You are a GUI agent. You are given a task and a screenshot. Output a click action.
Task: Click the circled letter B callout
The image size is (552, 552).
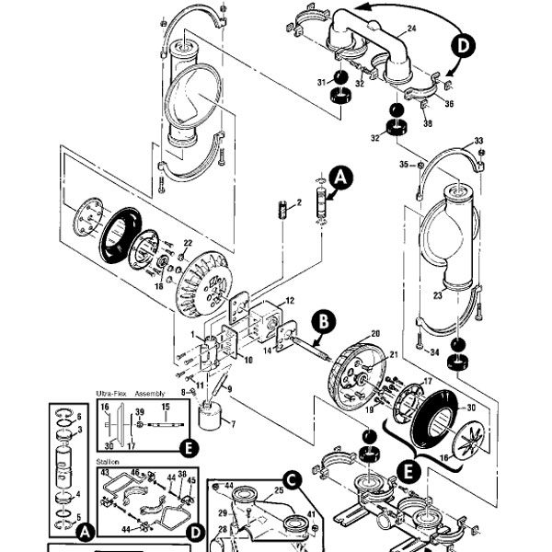pyautogui.click(x=324, y=319)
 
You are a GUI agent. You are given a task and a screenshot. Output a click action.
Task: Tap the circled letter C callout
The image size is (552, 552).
pyautogui.click(x=290, y=478)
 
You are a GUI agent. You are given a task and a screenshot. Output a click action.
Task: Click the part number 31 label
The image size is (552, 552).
pyautogui.click(x=322, y=83)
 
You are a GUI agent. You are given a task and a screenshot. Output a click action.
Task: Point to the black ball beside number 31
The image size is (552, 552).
pyautogui.click(x=339, y=76)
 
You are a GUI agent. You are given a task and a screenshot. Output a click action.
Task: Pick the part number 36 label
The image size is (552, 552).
pyautogui.click(x=450, y=103)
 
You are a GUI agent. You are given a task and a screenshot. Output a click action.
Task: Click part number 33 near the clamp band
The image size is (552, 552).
pyautogui.click(x=478, y=141)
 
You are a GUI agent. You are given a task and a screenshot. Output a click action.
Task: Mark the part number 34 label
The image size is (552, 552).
pyautogui.click(x=435, y=351)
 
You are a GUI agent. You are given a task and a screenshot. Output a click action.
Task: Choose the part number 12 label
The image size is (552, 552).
pyautogui.click(x=288, y=301)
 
